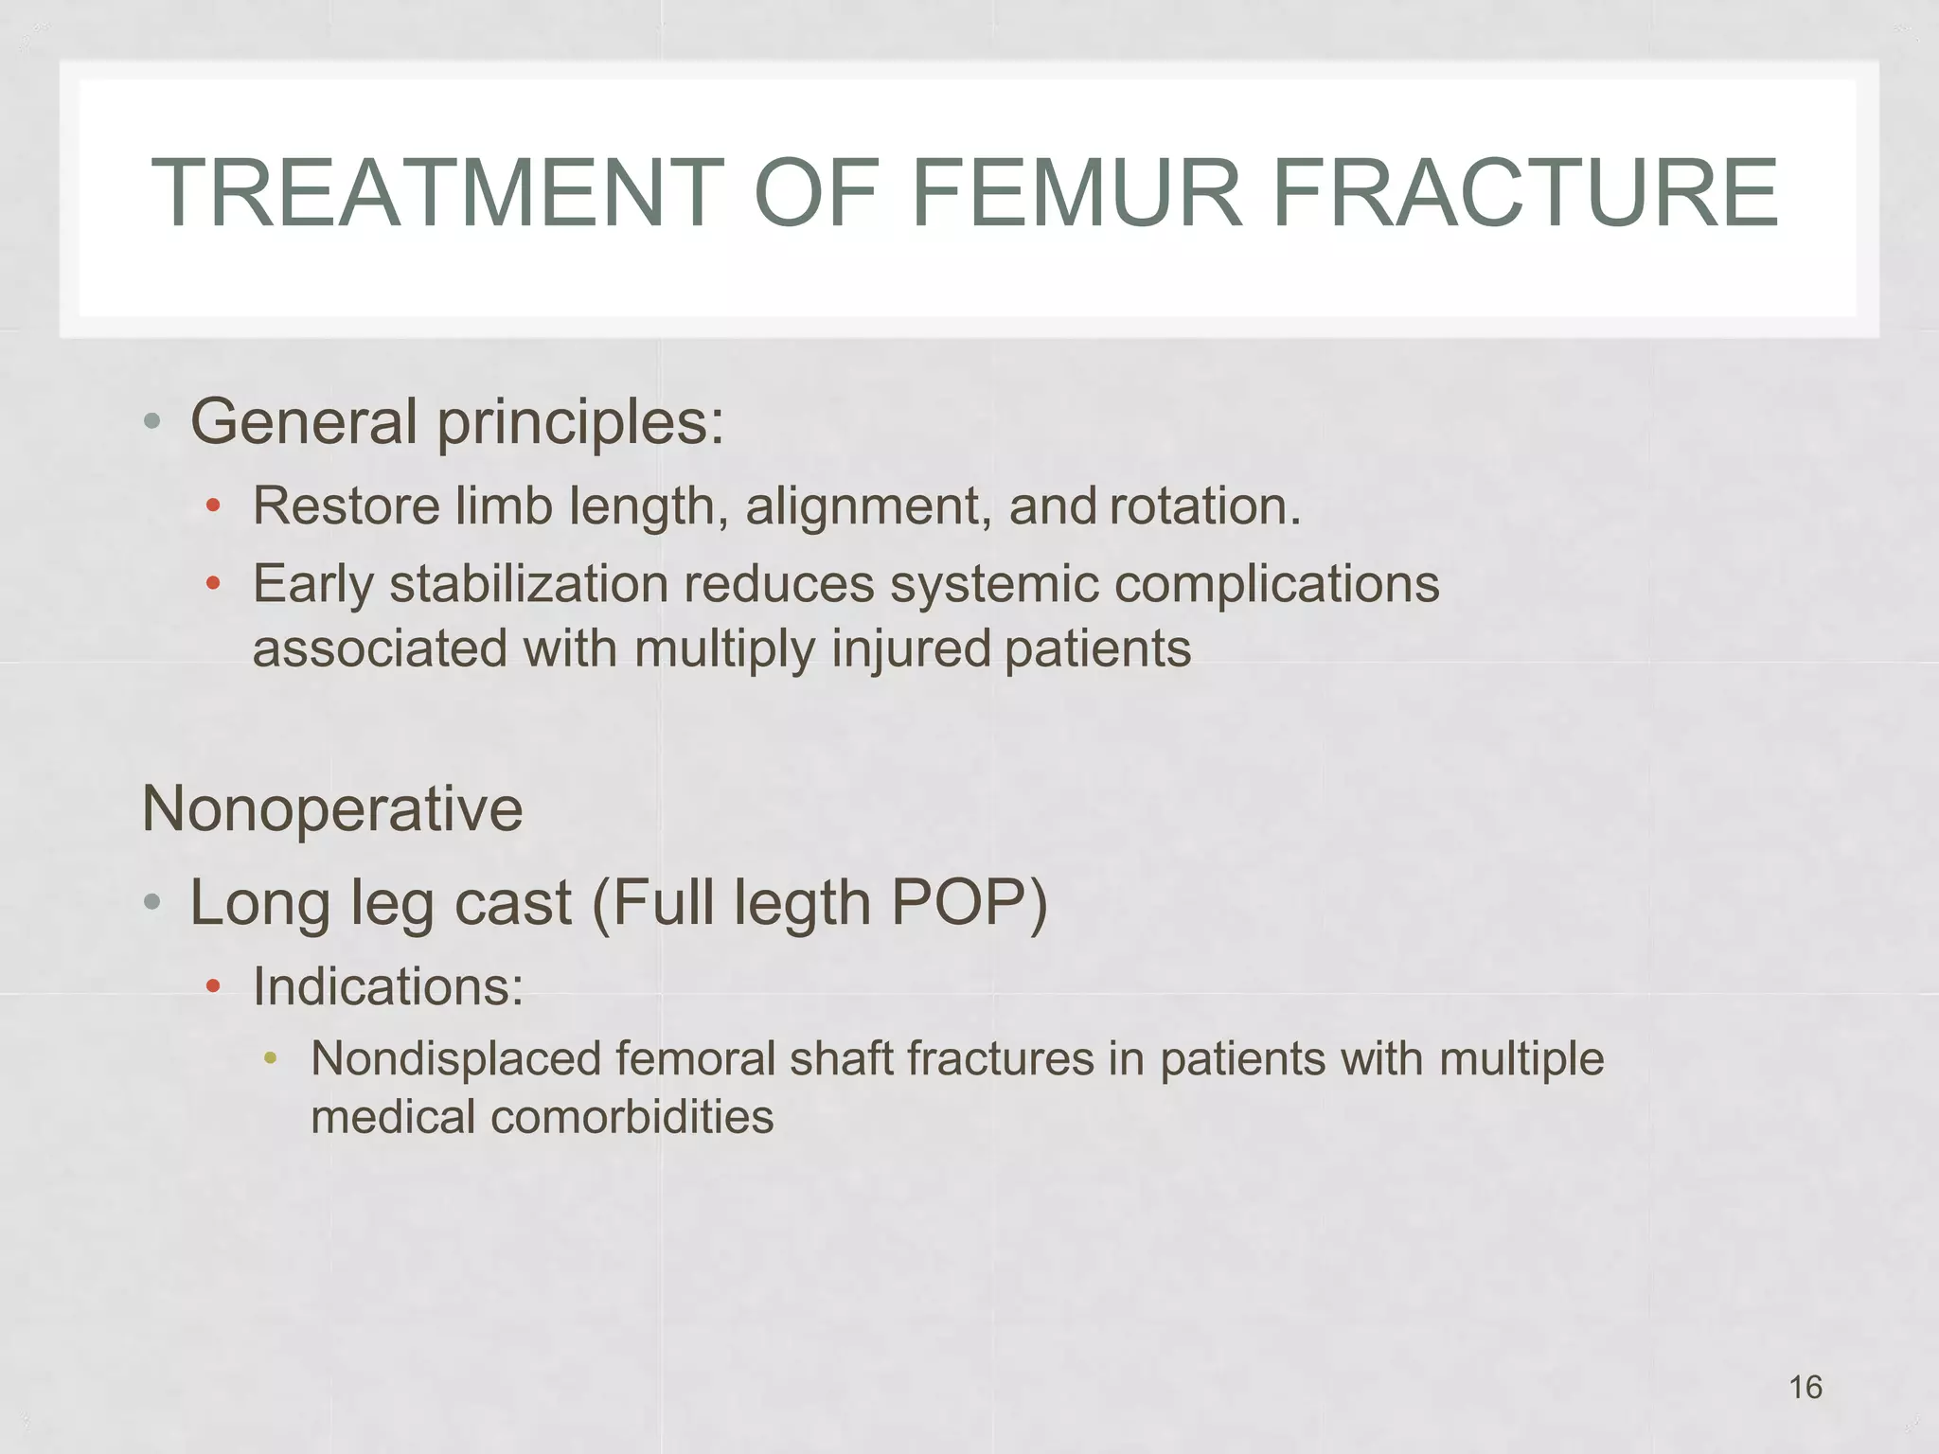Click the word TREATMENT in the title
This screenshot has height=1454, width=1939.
point(437,194)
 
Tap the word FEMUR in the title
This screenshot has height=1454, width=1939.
point(1076,194)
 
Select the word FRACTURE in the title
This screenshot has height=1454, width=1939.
point(1525,194)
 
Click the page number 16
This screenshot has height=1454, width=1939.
point(1806,1388)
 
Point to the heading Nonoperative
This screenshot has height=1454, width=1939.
point(331,810)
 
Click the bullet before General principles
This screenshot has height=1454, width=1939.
point(151,422)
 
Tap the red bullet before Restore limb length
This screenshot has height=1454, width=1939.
point(214,506)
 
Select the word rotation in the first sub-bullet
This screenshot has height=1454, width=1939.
point(1204,506)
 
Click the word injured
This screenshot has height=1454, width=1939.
point(910,649)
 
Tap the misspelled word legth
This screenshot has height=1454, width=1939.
point(802,903)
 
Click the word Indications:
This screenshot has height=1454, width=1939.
point(388,987)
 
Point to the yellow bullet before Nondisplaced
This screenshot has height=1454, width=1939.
point(271,1058)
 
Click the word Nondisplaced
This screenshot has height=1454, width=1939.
point(455,1059)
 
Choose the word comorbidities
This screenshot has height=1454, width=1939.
point(632,1118)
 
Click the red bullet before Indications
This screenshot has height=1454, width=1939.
point(214,988)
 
